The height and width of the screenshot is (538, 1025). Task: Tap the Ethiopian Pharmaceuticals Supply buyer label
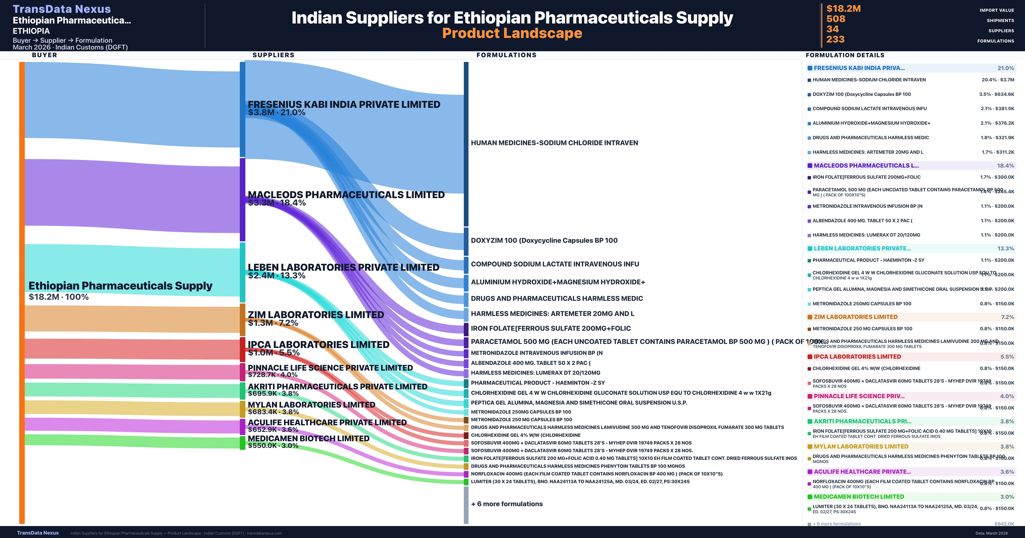tap(120, 286)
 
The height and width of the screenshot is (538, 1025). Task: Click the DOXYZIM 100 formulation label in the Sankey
tap(544, 240)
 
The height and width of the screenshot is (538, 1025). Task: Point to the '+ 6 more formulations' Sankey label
tap(507, 504)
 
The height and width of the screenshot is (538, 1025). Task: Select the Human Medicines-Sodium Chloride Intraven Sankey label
tap(554, 143)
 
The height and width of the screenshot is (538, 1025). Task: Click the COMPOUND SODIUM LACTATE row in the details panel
tap(869, 109)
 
